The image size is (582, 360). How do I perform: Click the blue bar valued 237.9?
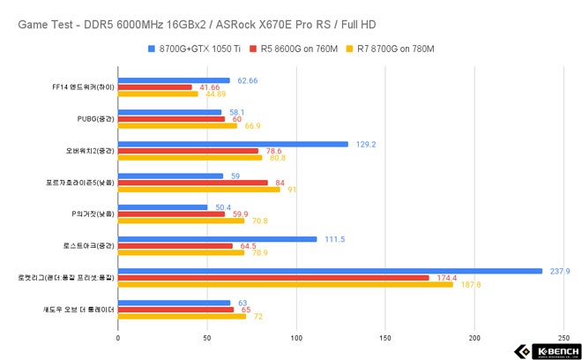coord(330,271)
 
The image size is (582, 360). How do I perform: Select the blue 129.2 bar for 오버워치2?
coord(233,144)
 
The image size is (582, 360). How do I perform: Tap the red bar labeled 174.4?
coord(273,278)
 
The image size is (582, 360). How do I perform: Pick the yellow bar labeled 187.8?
coord(285,284)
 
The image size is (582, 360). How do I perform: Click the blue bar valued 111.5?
coord(217,239)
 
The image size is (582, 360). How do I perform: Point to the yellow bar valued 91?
coord(198,189)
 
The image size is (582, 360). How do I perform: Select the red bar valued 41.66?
coord(154,87)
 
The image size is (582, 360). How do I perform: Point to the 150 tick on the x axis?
coord(385,336)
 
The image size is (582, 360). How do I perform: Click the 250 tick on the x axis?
coord(563,336)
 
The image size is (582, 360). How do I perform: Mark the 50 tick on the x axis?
coord(206,336)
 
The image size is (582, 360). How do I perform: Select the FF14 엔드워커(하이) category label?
coord(83,87)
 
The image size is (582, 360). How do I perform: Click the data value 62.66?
coord(249,80)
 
